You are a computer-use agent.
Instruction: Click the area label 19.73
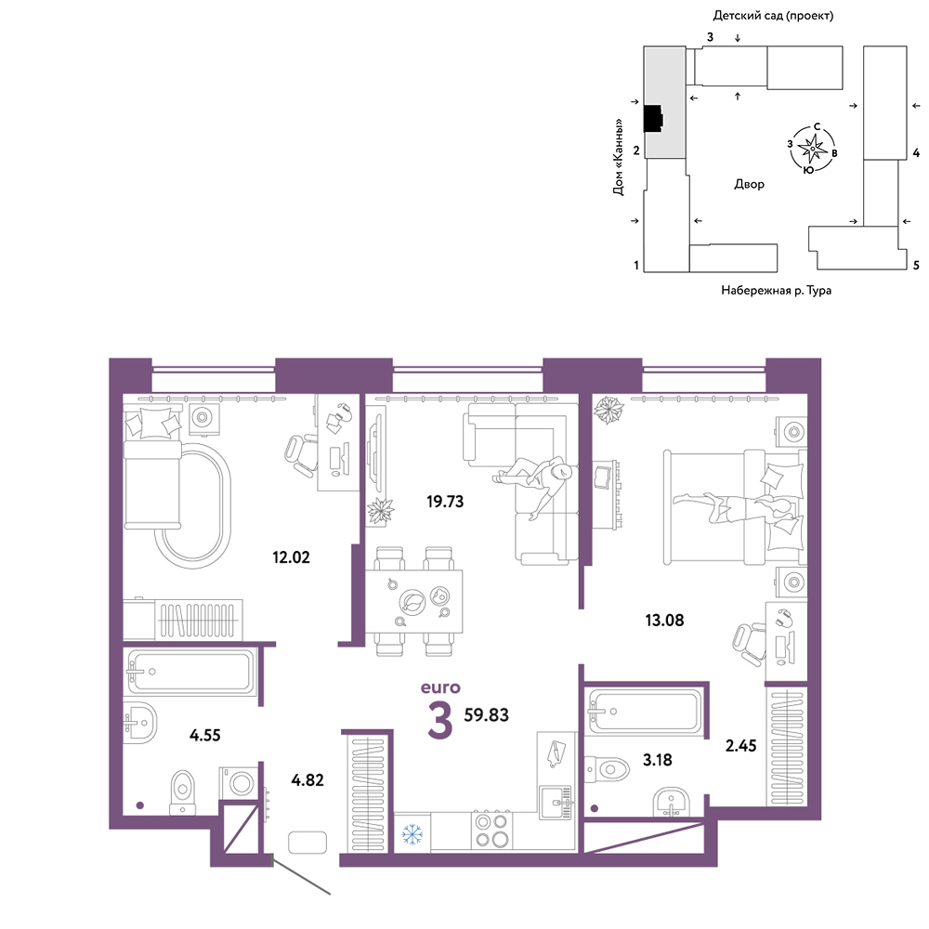coord(445,502)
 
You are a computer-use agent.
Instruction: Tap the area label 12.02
coord(291,557)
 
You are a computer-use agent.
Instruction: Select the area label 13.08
coord(664,621)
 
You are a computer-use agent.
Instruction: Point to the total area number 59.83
coord(486,715)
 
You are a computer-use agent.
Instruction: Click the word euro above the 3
coord(440,687)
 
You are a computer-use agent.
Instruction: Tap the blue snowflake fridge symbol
coord(412,834)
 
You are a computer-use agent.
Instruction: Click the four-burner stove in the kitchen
coord(492,831)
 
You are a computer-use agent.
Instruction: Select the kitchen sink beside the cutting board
coord(556,803)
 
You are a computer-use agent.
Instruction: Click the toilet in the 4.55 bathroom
coord(182,792)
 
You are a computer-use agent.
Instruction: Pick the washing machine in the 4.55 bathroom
coord(240,783)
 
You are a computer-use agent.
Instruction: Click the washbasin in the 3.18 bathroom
coord(672,803)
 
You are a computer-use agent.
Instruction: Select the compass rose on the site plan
coord(812,148)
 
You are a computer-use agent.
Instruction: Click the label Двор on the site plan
coord(750,184)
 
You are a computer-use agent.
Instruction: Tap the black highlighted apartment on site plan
coord(653,119)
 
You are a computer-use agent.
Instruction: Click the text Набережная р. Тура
coord(776,290)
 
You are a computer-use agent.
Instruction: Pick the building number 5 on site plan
coord(916,266)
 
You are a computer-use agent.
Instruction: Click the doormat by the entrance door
coord(307,843)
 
